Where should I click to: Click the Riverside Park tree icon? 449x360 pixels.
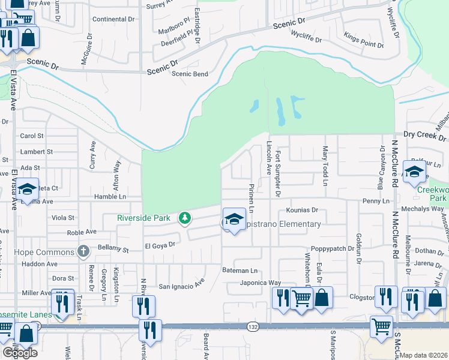[185, 218]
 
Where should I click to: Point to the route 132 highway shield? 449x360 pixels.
[252, 326]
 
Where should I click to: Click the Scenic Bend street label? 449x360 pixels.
[190, 74]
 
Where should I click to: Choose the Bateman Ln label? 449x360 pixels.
[240, 271]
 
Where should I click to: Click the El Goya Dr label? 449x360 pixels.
[160, 245]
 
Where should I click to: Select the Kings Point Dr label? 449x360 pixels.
[364, 45]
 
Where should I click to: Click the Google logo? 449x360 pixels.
[20, 353]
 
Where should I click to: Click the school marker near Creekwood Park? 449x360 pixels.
[414, 172]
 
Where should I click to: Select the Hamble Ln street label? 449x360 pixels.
[110, 196]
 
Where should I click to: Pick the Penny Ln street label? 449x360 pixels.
[376, 200]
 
